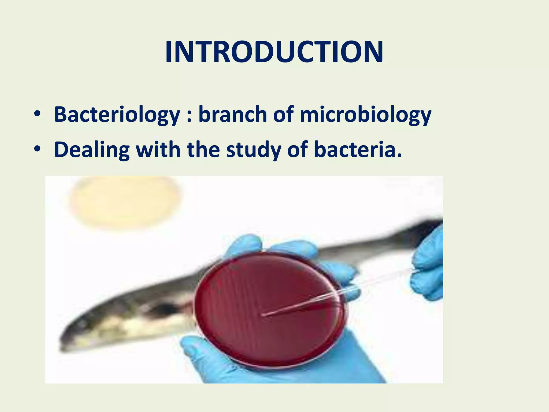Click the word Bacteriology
point(117,115)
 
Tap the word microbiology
point(365,115)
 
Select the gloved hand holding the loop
point(429,268)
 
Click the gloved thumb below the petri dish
point(198,349)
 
